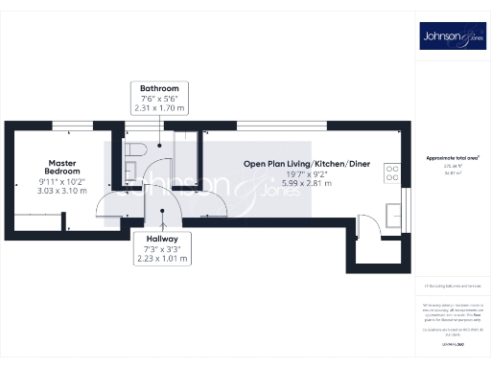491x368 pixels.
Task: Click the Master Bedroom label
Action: pos(63,167)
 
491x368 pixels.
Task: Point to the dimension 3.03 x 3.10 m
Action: pos(63,191)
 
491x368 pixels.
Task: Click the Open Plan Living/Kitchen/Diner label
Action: pos(306,164)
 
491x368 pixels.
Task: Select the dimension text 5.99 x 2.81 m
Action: pos(306,183)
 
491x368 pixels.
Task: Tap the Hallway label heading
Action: pos(158,238)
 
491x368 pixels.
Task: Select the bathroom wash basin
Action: pos(130,173)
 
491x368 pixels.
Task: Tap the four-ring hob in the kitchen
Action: pos(391,173)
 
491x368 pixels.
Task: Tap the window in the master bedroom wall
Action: pos(66,125)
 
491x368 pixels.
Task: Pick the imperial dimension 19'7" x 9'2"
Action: pos(306,173)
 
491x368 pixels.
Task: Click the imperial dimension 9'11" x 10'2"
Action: pos(63,181)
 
